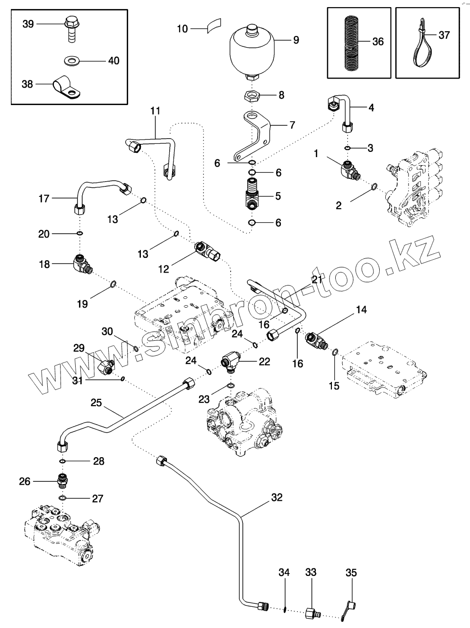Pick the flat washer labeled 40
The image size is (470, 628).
point(72,61)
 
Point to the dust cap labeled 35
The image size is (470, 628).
point(350,607)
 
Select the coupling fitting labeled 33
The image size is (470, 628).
point(312,612)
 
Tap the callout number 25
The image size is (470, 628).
point(96,403)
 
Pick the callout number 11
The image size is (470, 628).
point(156,111)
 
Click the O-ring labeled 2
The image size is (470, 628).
point(374,186)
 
